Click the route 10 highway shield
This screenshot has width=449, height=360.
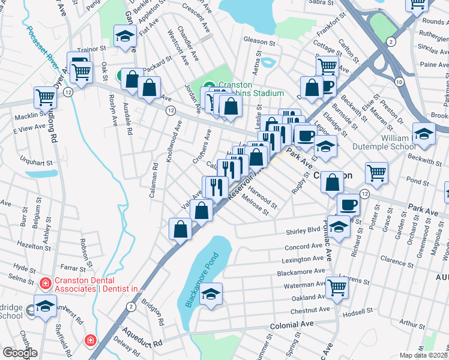(399, 80)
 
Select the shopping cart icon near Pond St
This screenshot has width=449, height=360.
(376, 173)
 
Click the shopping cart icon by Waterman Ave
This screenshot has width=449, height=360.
(337, 288)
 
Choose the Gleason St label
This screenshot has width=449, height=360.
(259, 43)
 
